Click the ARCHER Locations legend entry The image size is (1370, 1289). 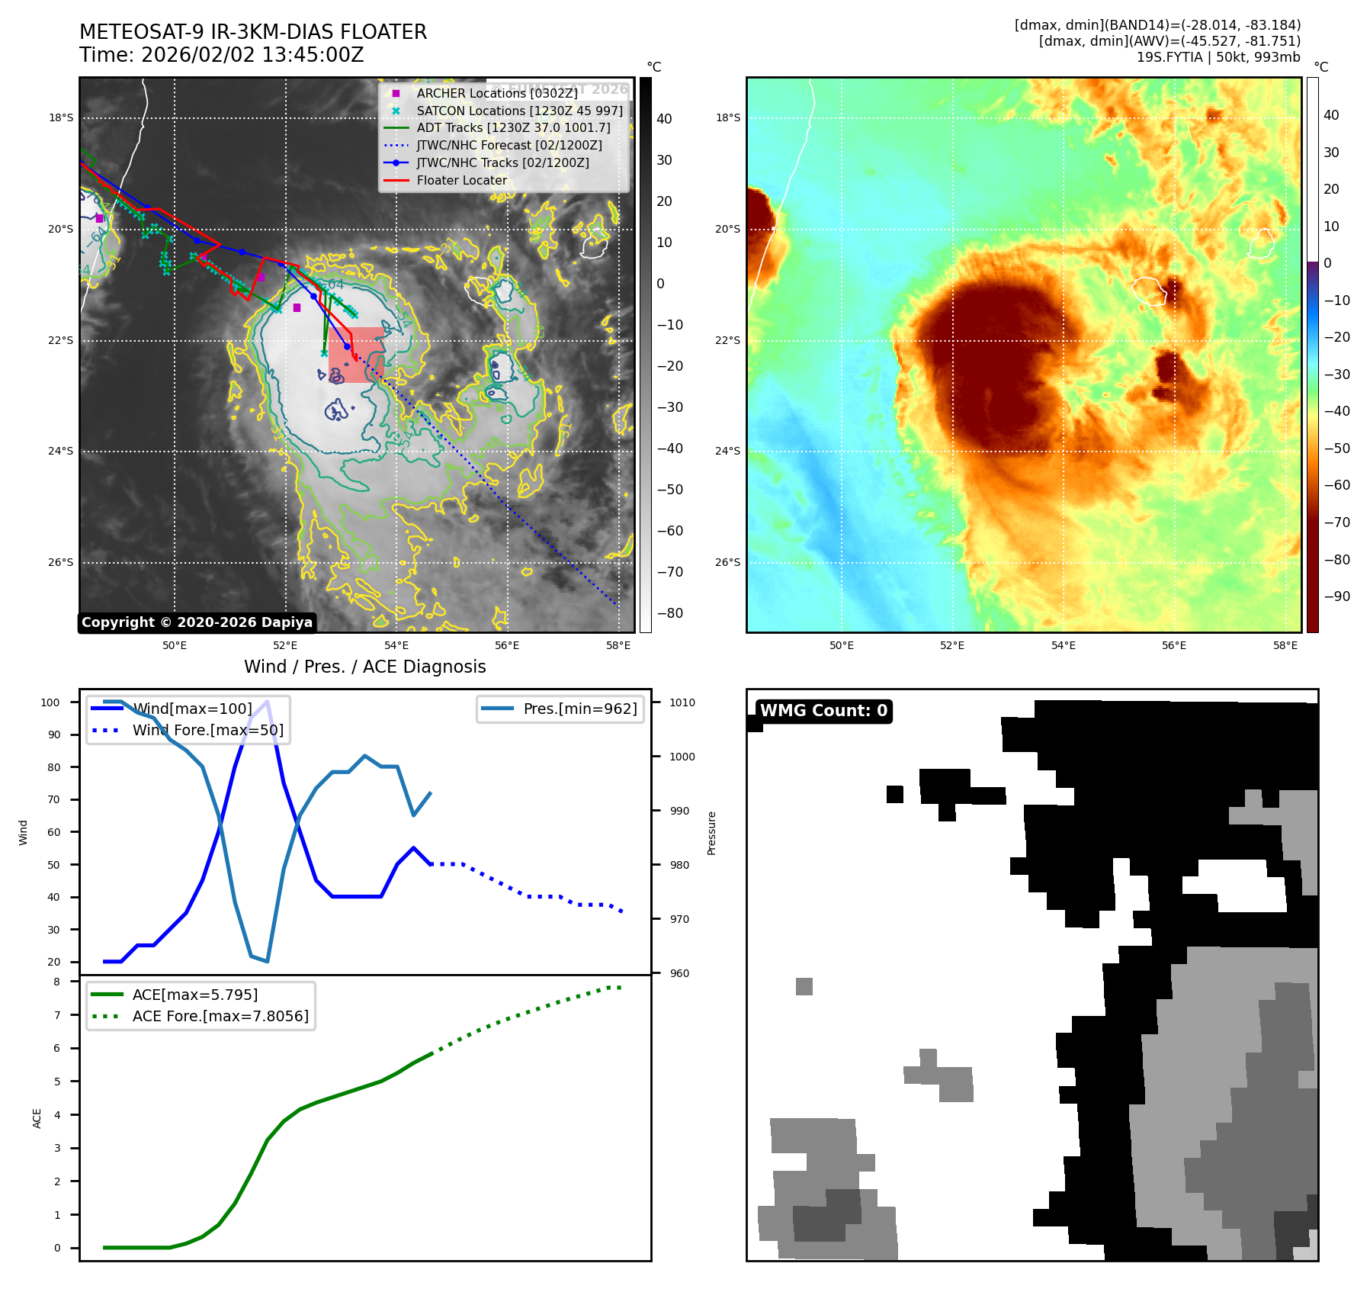496,93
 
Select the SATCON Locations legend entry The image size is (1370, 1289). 518,111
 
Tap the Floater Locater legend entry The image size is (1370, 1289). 461,180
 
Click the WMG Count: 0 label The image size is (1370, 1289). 823,711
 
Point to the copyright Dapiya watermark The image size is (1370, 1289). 197,622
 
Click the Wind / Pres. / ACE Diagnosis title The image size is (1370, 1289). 364,667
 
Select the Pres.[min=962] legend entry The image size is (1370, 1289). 579,709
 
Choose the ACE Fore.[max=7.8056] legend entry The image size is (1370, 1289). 220,1016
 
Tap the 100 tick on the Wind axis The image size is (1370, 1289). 50,702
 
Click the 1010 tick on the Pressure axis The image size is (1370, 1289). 682,702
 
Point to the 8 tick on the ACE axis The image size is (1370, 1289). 56,982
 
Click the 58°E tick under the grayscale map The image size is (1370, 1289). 618,645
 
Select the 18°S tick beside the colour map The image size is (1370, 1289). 727,117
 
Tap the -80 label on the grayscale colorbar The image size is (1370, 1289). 670,613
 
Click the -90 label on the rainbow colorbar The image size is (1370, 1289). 1336,596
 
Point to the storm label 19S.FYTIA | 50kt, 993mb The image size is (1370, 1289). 1218,57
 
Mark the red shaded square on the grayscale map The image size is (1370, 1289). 356,355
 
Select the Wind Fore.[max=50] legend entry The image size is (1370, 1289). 207,730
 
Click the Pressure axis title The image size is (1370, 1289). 711,833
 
